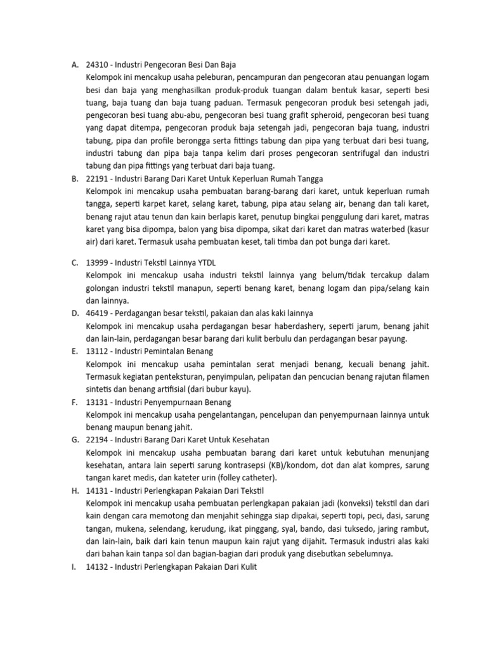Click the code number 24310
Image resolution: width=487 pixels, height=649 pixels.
pos(98,64)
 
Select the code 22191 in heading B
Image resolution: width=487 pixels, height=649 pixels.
pos(98,179)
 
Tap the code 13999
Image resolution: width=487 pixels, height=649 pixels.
pos(98,262)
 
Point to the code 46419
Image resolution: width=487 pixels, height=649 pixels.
pos(98,313)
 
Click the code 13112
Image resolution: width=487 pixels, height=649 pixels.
pos(97,350)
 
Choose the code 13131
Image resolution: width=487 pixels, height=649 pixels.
pos(97,402)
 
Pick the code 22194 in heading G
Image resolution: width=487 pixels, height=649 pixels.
pos(98,440)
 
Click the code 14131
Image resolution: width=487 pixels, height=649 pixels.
pos(97,491)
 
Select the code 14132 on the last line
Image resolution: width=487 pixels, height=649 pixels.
pos(97,567)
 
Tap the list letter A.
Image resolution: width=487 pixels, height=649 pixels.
pos(74,64)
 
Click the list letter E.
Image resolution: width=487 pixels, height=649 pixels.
pos(74,350)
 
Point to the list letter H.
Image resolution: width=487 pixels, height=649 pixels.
pos(74,491)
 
